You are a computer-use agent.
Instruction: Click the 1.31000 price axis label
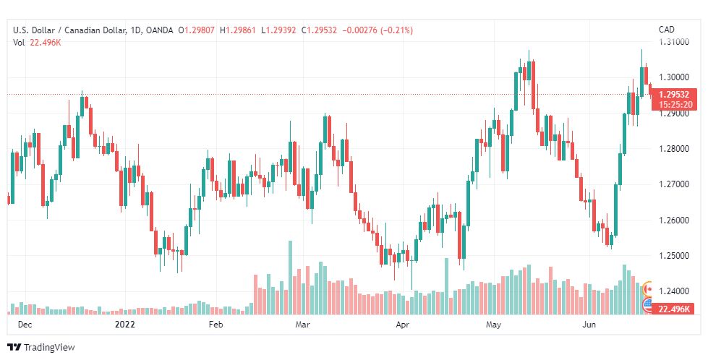[675, 42]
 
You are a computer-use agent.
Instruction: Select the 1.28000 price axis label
[675, 148]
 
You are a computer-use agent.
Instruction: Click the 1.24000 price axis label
[675, 291]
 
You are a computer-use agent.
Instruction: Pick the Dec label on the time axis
[24, 325]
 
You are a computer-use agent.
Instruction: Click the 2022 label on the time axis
[126, 325]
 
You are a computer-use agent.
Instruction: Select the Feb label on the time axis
[216, 325]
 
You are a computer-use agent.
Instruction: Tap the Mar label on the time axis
[303, 325]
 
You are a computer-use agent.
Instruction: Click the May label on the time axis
[494, 325]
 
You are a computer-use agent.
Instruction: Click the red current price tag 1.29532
[673, 95]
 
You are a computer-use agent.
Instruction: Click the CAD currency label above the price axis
[667, 30]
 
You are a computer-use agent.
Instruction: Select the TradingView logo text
[49, 348]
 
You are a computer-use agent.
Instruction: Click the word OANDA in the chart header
[158, 30]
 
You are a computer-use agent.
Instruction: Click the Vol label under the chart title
[20, 43]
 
